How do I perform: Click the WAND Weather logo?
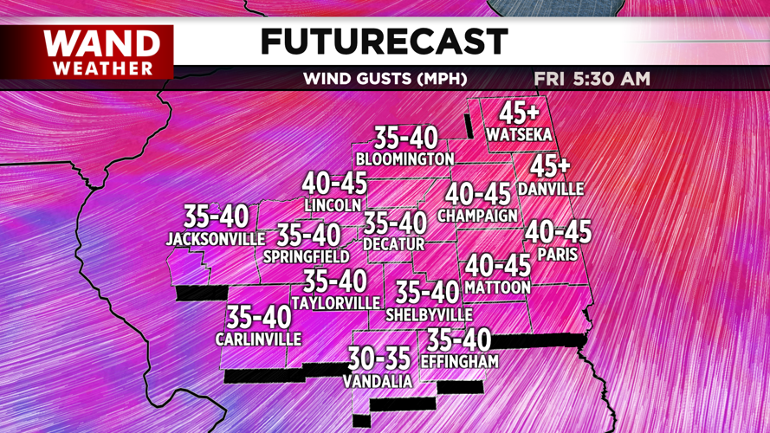pyautogui.click(x=101, y=52)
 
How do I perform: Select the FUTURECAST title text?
pyautogui.click(x=384, y=42)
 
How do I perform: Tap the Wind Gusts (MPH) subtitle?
pyautogui.click(x=385, y=79)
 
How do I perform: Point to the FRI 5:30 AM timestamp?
pyautogui.click(x=592, y=79)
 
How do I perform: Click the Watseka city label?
pyautogui.click(x=519, y=135)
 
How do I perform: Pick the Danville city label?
pyautogui.click(x=551, y=189)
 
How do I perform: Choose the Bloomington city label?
pyautogui.click(x=404, y=159)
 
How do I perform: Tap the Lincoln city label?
pyautogui.click(x=333, y=205)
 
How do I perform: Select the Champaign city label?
pyautogui.click(x=478, y=215)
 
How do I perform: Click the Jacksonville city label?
pyautogui.click(x=216, y=238)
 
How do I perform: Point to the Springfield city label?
pyautogui.click(x=306, y=256)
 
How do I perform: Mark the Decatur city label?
pyautogui.click(x=394, y=245)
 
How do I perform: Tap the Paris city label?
pyautogui.click(x=557, y=255)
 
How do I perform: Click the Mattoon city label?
pyautogui.click(x=497, y=287)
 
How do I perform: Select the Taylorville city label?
pyautogui.click(x=335, y=303)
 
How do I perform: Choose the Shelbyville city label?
pyautogui.click(x=429, y=314)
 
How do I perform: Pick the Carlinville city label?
pyautogui.click(x=258, y=339)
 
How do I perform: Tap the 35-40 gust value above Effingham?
pyautogui.click(x=459, y=340)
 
